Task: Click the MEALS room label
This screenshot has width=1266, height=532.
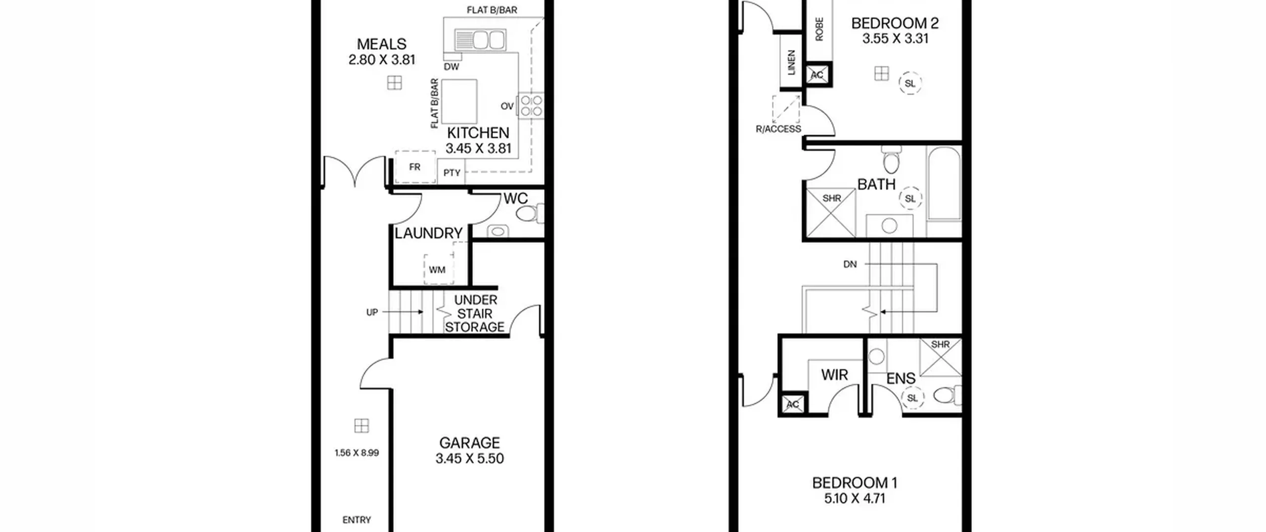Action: click(x=381, y=44)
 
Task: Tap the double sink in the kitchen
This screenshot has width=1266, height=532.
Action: click(x=480, y=40)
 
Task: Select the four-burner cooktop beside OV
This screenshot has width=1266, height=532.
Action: click(x=531, y=105)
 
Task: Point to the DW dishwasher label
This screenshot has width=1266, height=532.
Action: click(x=451, y=67)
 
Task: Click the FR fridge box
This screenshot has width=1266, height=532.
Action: click(x=415, y=167)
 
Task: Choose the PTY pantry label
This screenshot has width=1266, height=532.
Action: click(x=452, y=173)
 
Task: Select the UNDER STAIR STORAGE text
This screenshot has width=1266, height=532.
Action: click(x=475, y=313)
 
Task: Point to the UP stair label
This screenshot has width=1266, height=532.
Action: click(x=372, y=312)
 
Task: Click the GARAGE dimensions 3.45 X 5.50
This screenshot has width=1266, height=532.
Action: click(x=469, y=458)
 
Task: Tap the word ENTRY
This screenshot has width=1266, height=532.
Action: click(x=357, y=520)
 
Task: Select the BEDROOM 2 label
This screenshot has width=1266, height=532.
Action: click(x=895, y=23)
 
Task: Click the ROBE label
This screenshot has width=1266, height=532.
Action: click(x=819, y=29)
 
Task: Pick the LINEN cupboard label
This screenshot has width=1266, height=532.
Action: click(x=791, y=62)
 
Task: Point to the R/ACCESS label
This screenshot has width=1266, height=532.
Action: click(x=778, y=129)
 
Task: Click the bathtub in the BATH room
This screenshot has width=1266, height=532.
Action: click(x=944, y=183)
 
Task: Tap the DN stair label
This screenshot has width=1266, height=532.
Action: click(x=850, y=264)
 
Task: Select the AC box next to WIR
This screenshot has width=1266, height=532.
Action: click(x=793, y=404)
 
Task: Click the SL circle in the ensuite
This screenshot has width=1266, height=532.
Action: click(x=912, y=397)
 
